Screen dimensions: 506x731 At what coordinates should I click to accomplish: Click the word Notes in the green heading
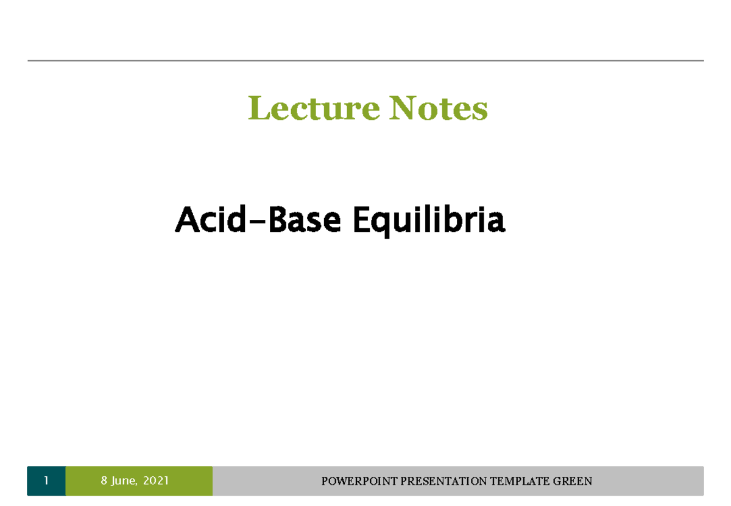point(439,110)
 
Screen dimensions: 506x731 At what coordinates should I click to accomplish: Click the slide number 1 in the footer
point(46,481)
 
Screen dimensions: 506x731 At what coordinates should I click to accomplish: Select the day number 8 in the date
point(104,481)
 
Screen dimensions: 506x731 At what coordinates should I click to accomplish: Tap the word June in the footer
point(124,482)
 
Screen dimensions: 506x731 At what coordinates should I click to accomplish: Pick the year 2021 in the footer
point(157,481)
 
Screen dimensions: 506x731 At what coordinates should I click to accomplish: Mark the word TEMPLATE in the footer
point(523,482)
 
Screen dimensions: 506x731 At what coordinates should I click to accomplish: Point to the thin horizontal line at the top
point(365,61)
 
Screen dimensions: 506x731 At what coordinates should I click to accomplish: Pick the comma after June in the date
point(139,485)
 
